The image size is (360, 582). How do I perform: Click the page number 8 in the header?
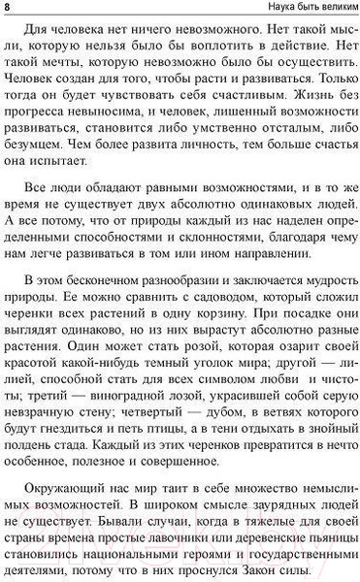coord(8,9)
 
